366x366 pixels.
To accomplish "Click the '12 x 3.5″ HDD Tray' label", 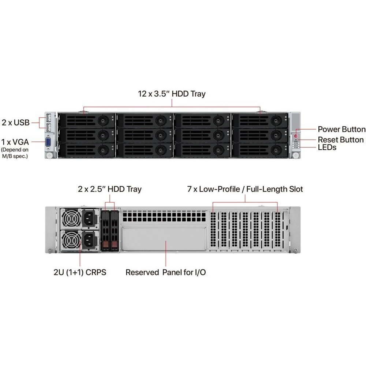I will pos(172,94).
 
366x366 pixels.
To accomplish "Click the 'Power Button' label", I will pos(341,129).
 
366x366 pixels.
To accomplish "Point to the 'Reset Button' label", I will pos(340,140).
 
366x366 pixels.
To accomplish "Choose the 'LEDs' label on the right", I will pos(327,147).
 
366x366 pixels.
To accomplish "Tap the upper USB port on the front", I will pos(48,118).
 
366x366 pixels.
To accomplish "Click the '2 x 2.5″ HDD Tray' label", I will pos(109,189).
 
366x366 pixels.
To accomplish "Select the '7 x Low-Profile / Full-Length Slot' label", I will pos(244,189).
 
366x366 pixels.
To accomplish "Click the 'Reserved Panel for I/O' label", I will pos(165,273).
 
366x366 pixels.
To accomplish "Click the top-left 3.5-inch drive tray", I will pos(86,120).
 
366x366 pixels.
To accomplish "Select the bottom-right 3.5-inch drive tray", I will pos(259,149).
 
